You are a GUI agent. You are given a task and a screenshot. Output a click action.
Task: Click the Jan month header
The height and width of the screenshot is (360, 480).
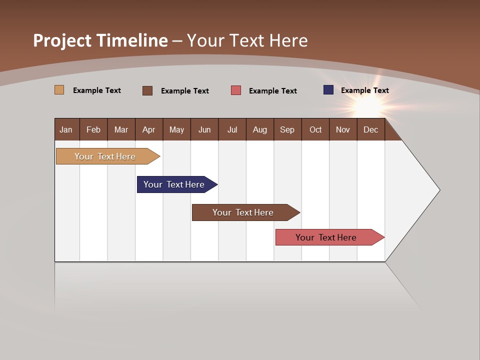coord(66,129)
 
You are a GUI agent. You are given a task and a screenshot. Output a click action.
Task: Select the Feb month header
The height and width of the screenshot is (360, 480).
coord(93,129)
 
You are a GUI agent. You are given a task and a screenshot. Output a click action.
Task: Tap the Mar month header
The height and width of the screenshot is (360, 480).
coord(121,129)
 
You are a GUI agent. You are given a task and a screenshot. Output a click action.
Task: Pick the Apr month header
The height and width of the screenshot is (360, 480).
coord(149,129)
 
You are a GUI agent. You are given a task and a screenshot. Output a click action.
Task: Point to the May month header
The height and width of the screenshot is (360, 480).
coord(176,129)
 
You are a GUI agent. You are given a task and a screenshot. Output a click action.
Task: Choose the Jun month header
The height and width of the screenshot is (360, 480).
coord(204,129)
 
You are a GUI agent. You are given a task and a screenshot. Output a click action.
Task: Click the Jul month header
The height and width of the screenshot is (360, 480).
coord(232,129)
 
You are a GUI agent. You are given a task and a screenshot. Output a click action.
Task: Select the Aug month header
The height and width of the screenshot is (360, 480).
coord(260,129)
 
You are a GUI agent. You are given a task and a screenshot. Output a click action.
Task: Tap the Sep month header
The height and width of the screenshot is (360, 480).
coord(287,129)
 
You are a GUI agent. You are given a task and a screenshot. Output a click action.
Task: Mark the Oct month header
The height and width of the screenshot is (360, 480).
coord(315,129)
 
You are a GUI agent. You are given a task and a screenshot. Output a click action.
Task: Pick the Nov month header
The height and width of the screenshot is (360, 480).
coord(343,129)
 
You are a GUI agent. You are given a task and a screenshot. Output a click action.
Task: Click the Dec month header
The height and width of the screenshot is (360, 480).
coord(371,129)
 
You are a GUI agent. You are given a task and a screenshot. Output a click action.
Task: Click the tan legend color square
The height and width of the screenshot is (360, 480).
coord(59,90)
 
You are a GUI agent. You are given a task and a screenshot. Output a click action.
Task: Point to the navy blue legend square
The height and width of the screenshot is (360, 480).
coord(328,90)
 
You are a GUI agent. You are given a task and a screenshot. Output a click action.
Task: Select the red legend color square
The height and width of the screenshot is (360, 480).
coord(236,90)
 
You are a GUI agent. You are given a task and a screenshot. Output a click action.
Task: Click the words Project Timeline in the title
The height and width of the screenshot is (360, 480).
coord(100,40)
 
